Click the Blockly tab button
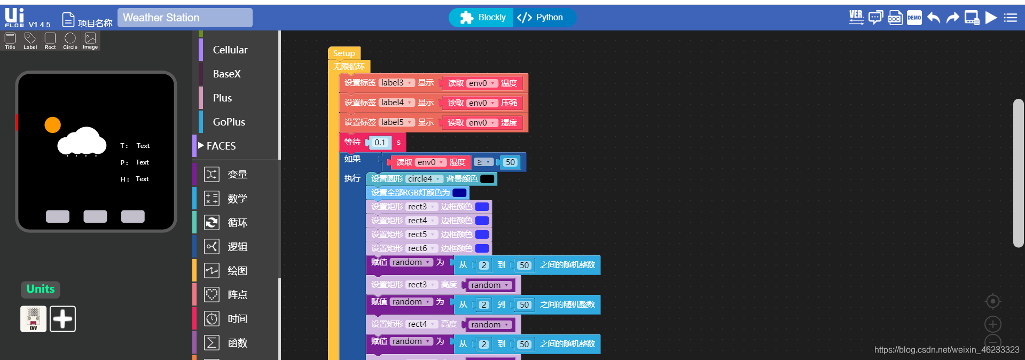pyautogui.click(x=482, y=18)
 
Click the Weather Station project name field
pyautogui.click(x=185, y=18)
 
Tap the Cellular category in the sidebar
pyautogui.click(x=230, y=50)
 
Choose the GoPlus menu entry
pyautogui.click(x=229, y=122)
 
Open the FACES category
pyautogui.click(x=221, y=146)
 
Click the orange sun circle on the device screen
pyautogui.click(x=52, y=125)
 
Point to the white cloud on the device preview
pyautogui.click(x=82, y=142)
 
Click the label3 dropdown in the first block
pyautogui.click(x=396, y=83)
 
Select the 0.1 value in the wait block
pyautogui.click(x=380, y=143)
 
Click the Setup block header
pyautogui.click(x=344, y=53)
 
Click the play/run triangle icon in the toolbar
pyautogui.click(x=991, y=18)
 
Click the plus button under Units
pyautogui.click(x=62, y=319)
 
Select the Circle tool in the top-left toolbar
pyautogui.click(x=70, y=40)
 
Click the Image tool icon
pyautogui.click(x=90, y=40)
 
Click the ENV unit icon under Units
pyautogui.click(x=33, y=319)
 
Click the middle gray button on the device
pyautogui.click(x=95, y=216)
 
